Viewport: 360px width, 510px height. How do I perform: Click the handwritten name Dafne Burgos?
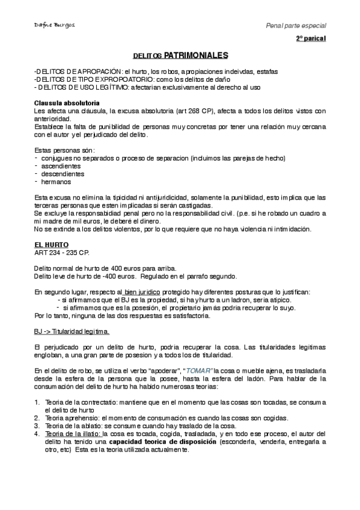coord(52,26)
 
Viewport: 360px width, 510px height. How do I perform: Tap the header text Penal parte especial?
coord(296,26)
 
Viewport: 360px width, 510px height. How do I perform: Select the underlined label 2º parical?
coord(311,38)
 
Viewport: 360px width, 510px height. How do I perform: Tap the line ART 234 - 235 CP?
coord(62,253)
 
